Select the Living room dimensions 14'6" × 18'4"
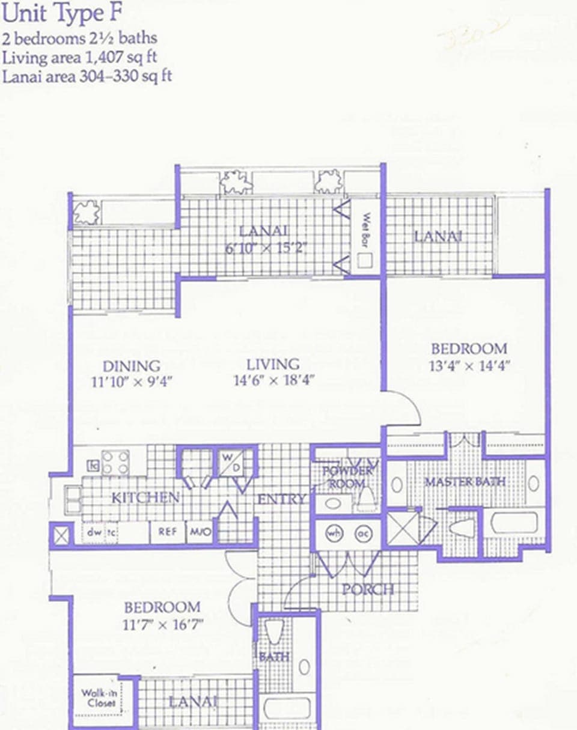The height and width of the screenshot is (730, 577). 274,380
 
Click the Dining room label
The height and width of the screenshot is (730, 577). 131,366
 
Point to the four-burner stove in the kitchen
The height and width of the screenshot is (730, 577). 115,463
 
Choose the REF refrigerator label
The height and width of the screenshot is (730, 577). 167,532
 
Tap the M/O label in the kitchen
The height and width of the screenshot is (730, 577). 198,532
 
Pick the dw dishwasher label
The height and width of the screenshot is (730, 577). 93,532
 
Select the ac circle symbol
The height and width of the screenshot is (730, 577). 362,532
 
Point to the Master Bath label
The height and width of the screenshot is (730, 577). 465,482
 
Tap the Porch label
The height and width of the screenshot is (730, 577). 368,589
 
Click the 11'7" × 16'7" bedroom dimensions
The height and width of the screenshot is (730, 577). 162,625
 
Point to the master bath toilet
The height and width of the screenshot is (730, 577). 463,528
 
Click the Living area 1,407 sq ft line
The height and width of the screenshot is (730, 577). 84,58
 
